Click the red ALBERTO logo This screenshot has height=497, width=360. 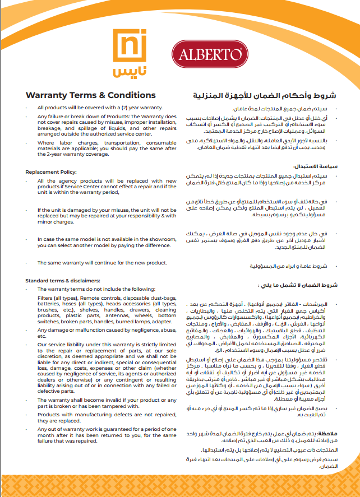[209, 54]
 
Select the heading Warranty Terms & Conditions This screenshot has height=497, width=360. [91, 95]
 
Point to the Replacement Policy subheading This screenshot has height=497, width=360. [51, 171]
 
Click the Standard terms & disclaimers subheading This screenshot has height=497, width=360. [63, 280]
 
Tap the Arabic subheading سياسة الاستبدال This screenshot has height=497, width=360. [316, 167]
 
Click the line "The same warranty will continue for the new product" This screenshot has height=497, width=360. [102, 263]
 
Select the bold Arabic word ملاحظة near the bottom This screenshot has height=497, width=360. [326, 433]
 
